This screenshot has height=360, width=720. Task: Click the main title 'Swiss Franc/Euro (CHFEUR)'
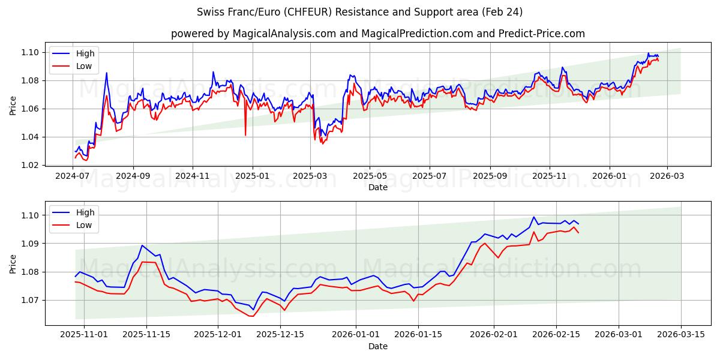click(359, 12)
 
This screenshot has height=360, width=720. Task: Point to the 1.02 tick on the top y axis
click(31, 165)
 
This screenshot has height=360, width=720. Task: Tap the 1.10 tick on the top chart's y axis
click(31, 53)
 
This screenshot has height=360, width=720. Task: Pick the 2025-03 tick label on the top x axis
click(311, 176)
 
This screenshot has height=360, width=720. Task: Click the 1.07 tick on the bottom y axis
click(31, 300)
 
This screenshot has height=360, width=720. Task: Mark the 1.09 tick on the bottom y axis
click(31, 244)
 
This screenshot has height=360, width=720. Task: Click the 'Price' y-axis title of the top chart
click(13, 106)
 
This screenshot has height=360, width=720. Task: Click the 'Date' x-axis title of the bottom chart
click(377, 347)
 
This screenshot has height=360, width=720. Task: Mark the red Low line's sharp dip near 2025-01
click(245, 135)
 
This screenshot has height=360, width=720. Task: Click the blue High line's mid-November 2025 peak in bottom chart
click(142, 245)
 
